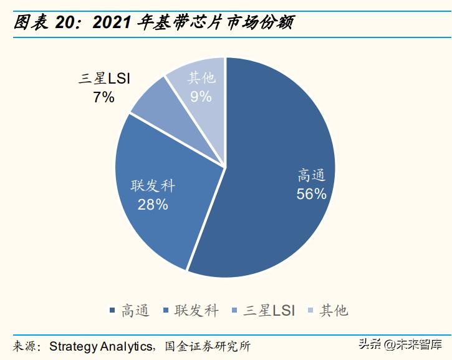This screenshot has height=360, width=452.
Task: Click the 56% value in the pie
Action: tap(312, 194)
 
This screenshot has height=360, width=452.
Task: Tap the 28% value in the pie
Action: tap(153, 204)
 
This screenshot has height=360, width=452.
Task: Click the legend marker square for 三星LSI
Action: tap(233, 311)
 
